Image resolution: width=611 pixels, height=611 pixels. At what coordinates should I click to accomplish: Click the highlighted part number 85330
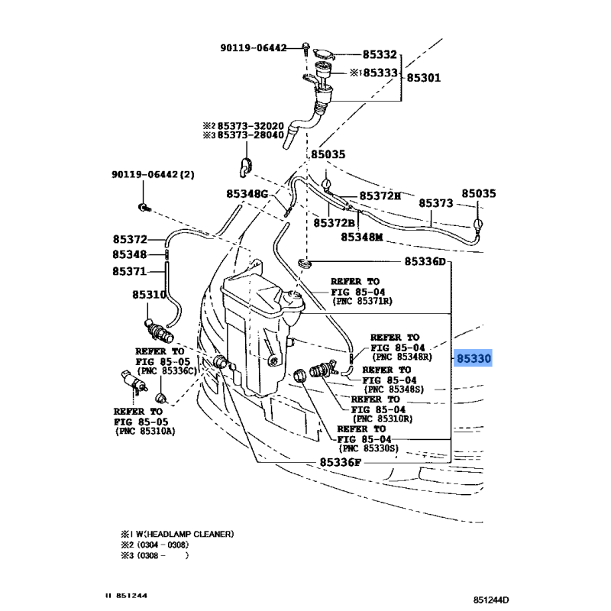474,357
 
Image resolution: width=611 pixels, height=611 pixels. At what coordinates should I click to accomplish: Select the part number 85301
424,77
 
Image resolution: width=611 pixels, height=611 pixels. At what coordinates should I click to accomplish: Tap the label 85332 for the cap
380,55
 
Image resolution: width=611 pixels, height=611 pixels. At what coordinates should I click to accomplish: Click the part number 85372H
380,196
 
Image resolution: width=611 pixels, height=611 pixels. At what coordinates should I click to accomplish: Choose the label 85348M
361,237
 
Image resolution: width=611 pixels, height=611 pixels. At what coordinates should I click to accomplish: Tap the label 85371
129,271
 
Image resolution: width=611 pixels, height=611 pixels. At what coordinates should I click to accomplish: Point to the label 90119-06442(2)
154,174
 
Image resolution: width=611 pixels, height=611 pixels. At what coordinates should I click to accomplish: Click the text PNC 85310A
145,432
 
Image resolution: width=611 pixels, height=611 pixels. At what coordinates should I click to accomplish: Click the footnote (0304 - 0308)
160,545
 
